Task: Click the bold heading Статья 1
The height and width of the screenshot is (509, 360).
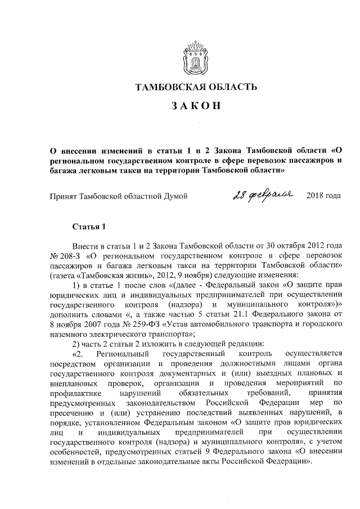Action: pyautogui.click(x=89, y=227)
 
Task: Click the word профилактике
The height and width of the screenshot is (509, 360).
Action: pyautogui.click(x=75, y=391)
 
